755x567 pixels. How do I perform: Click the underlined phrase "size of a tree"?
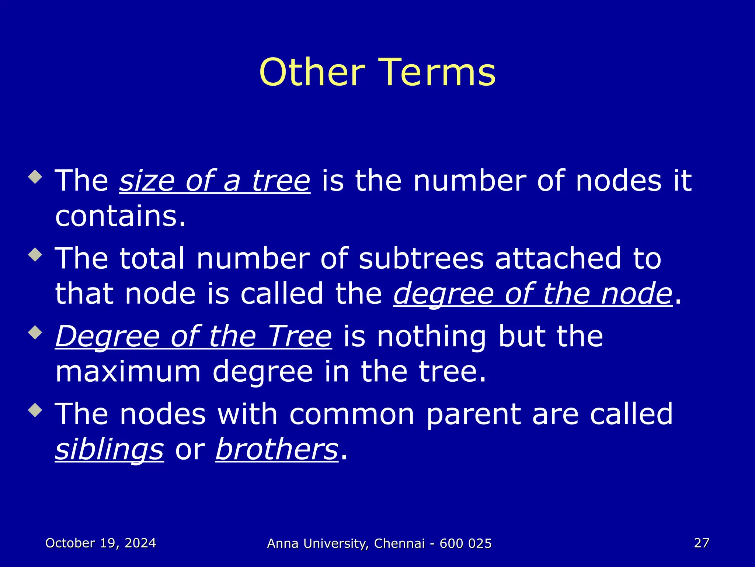[x=215, y=181]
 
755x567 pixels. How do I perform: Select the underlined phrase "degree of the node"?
[x=533, y=294]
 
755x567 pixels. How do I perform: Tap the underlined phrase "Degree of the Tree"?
[x=194, y=336]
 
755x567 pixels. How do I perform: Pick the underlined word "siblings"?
[x=109, y=449]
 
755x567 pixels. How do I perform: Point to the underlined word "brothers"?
[x=277, y=449]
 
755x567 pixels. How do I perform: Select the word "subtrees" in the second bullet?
[x=421, y=258]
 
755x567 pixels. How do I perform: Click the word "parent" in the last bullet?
[x=473, y=415]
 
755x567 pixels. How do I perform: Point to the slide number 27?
[x=701, y=543]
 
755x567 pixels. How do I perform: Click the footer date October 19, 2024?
[x=101, y=543]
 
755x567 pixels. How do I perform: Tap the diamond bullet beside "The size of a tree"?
[x=35, y=176]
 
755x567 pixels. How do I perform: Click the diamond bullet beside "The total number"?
[x=35, y=254]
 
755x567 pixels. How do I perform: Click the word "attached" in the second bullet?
[x=558, y=258]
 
